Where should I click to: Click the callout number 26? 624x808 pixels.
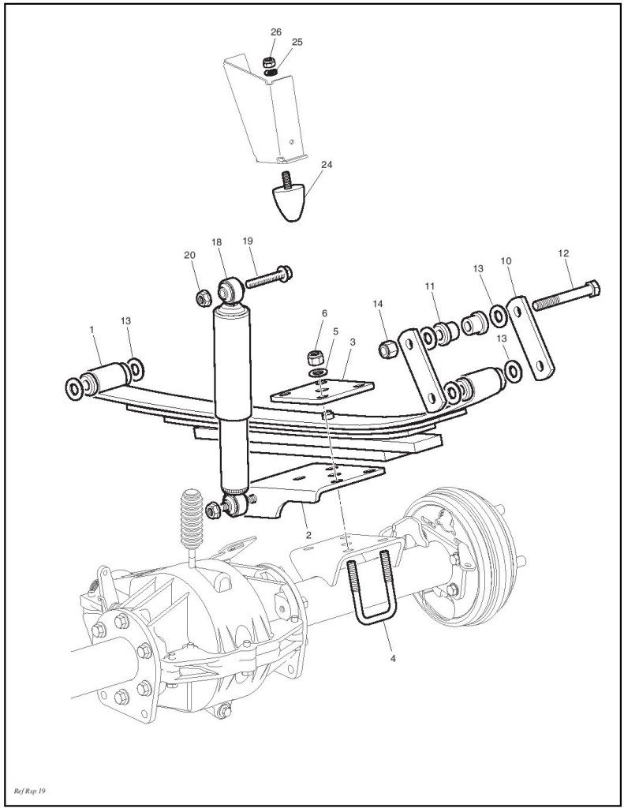coord(275,32)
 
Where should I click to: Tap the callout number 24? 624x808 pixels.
coord(327,165)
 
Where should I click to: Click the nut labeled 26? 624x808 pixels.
coord(268,62)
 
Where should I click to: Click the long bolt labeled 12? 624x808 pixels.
coord(566,295)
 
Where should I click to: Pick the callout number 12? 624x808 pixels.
coord(562,253)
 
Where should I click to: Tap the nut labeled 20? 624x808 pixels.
coord(201,297)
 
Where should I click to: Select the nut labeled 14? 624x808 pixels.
coord(387,347)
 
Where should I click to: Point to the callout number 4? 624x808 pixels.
coord(392,654)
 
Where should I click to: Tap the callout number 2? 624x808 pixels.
coord(308,534)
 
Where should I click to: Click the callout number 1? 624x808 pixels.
coord(92,328)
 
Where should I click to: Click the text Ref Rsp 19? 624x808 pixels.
coord(30,790)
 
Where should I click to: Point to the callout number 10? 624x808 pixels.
coord(506,260)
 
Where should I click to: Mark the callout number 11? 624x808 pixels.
coord(430,285)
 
